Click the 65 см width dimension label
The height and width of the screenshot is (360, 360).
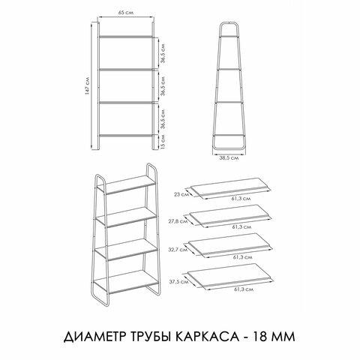(126, 13)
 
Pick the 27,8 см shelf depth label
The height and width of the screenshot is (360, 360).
(178, 221)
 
